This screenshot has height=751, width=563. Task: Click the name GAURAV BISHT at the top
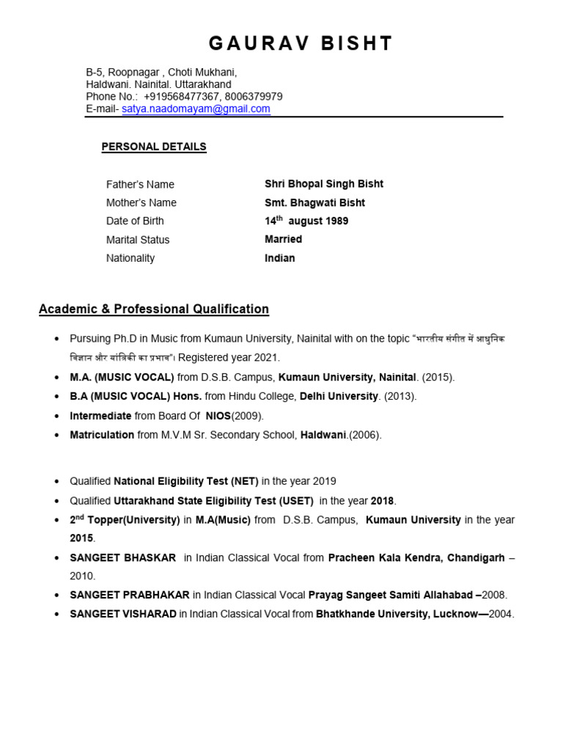(x=301, y=44)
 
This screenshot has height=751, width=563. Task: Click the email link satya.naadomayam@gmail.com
(x=196, y=109)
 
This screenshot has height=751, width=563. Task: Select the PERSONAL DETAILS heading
(x=154, y=147)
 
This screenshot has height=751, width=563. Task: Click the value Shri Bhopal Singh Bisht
(x=323, y=184)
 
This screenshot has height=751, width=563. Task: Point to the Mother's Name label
(x=141, y=202)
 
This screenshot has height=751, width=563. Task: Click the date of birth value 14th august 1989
(x=306, y=221)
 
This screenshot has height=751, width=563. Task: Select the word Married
(x=283, y=239)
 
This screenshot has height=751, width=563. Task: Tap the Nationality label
(x=130, y=258)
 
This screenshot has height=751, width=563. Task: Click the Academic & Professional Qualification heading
(x=154, y=309)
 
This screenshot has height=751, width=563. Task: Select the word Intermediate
(x=100, y=416)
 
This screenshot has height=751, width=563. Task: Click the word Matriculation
(x=103, y=435)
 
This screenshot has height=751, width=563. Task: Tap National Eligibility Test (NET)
(x=186, y=481)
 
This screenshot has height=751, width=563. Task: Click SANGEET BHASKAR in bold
(x=122, y=557)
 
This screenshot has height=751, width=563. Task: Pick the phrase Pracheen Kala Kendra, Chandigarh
(x=416, y=557)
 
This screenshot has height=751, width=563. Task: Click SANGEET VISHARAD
(x=122, y=614)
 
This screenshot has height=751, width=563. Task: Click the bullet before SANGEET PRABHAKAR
(x=57, y=596)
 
